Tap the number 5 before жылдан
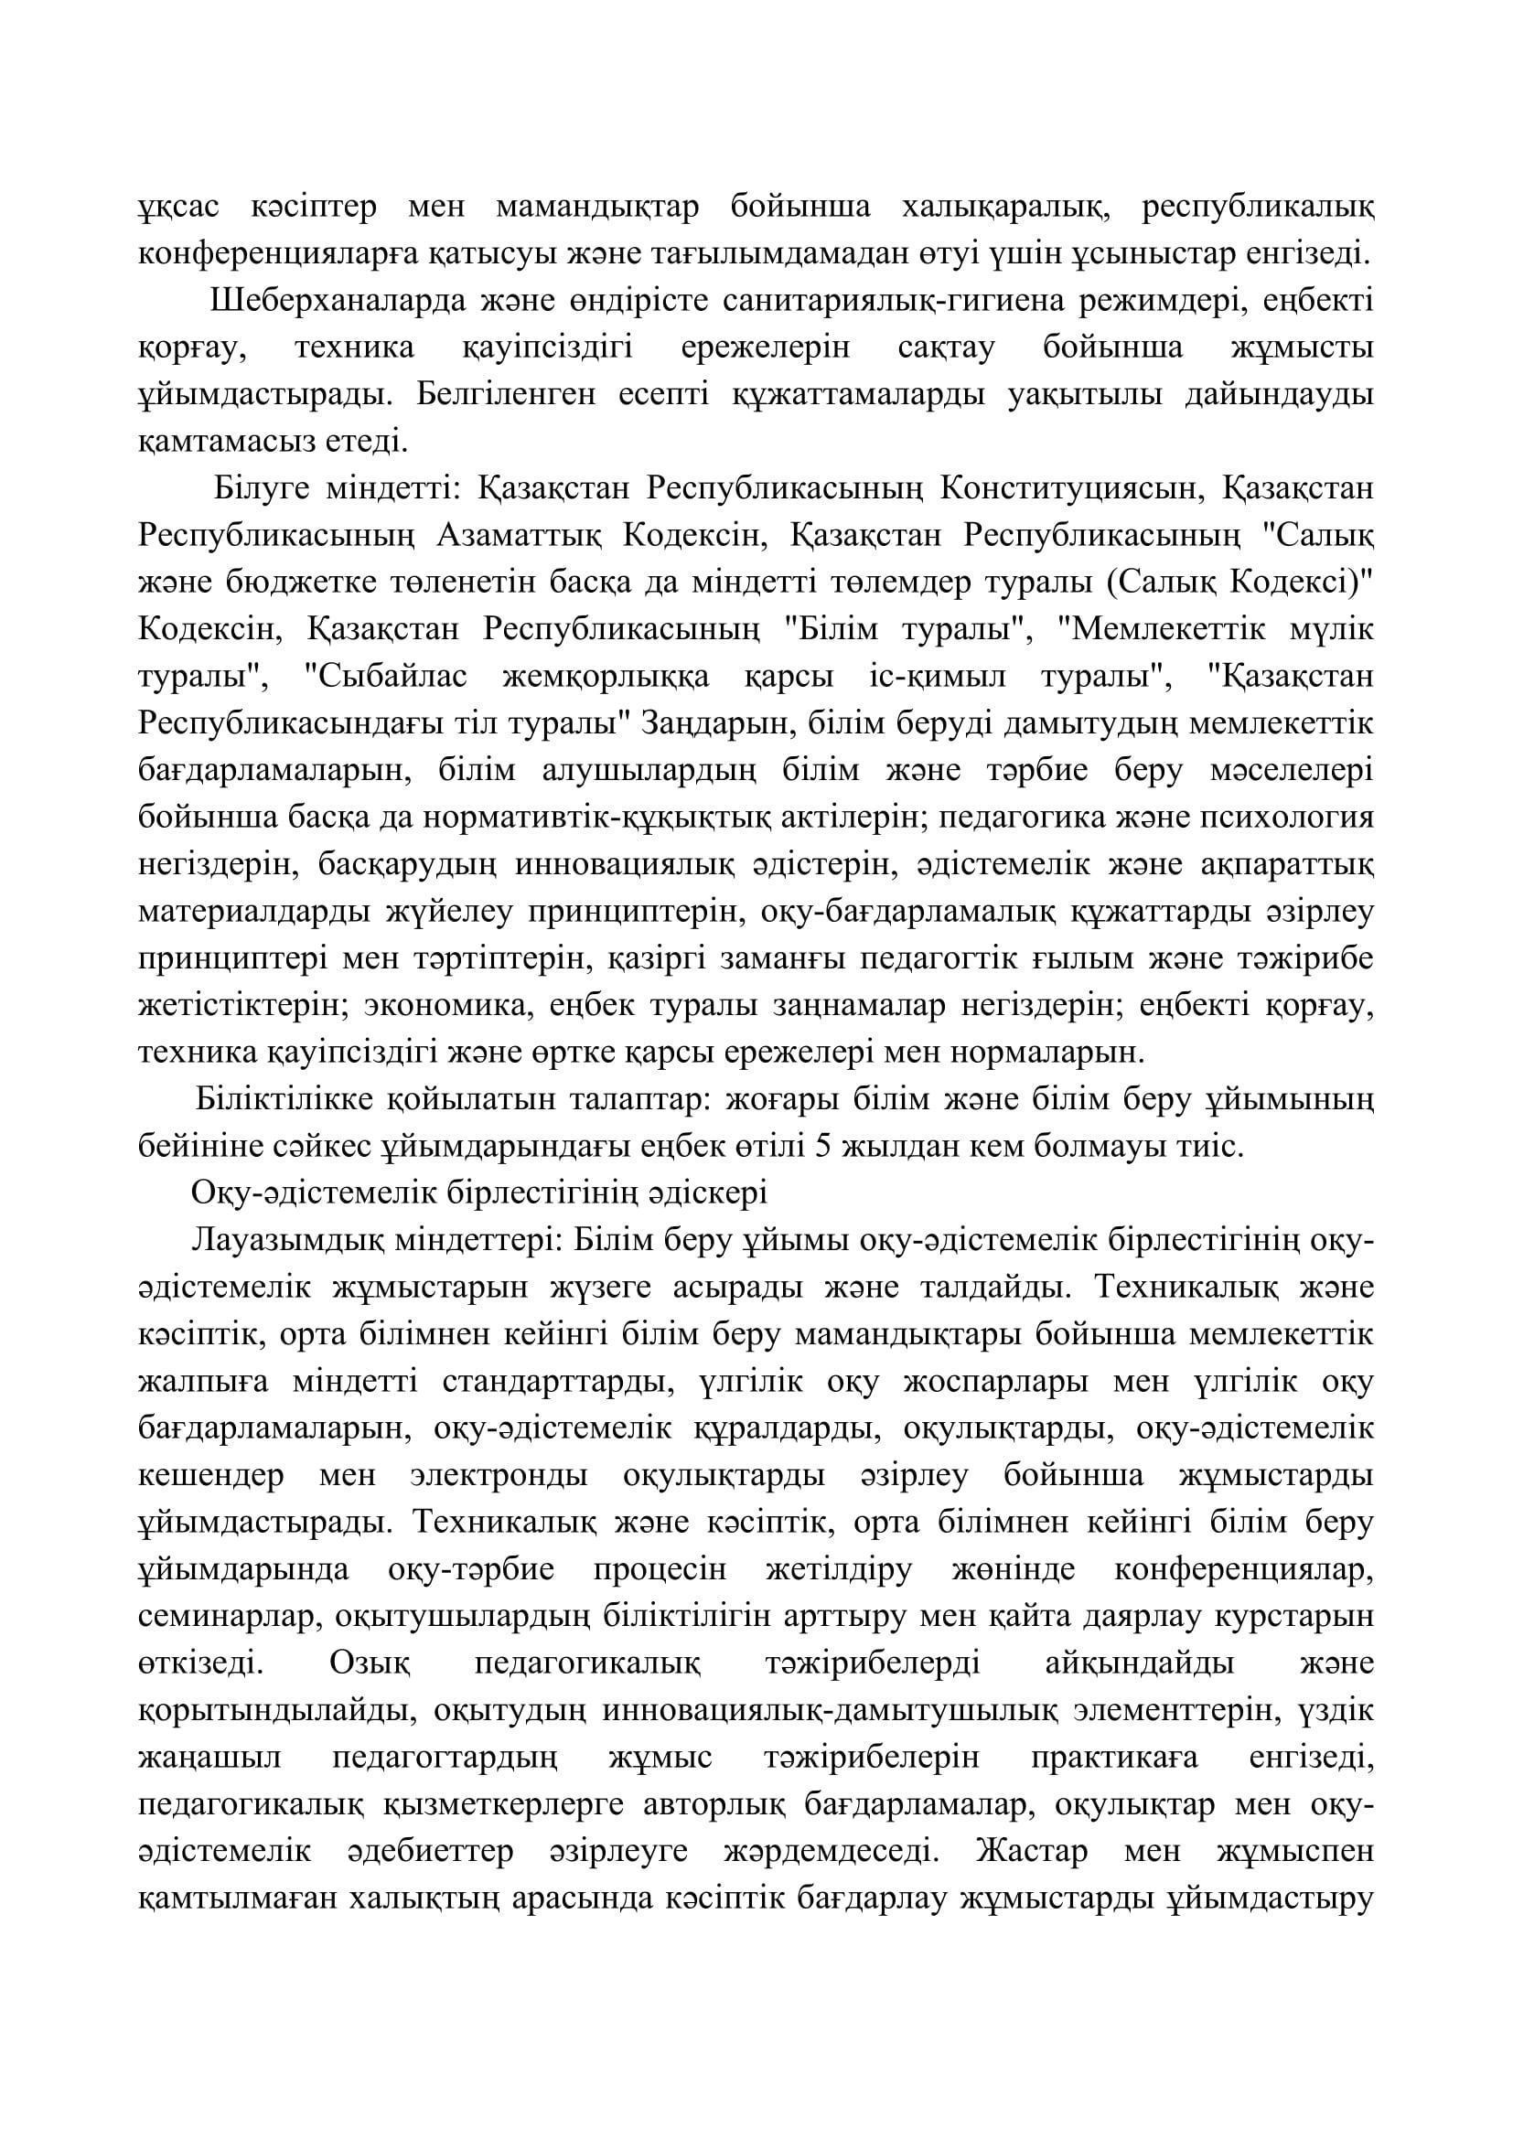pyautogui.click(x=822, y=1147)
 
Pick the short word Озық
pyautogui.click(x=371, y=1663)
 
